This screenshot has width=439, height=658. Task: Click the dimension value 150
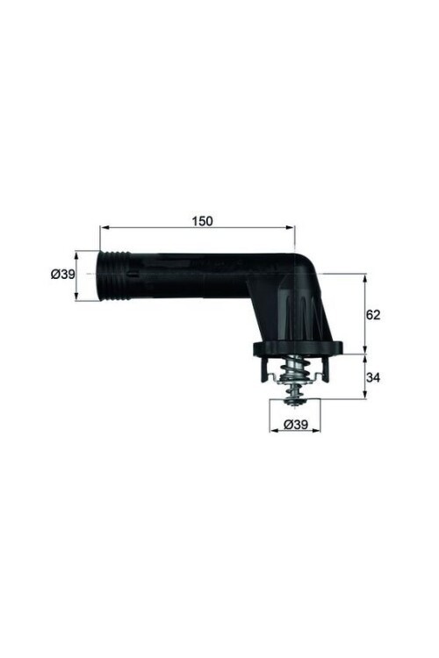pos(202,221)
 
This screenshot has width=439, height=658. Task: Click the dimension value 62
pos(373,314)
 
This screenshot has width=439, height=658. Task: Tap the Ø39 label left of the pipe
pos(62,275)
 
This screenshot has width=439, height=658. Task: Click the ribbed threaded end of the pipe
pos(114,275)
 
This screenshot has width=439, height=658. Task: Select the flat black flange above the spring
pos(297,348)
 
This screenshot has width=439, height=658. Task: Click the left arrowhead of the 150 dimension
pos(103,227)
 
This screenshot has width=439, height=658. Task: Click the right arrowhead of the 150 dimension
pos(291,227)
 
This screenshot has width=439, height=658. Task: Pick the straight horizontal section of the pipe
pos(189,274)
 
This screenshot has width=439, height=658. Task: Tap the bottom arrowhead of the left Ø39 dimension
pos(76,297)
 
